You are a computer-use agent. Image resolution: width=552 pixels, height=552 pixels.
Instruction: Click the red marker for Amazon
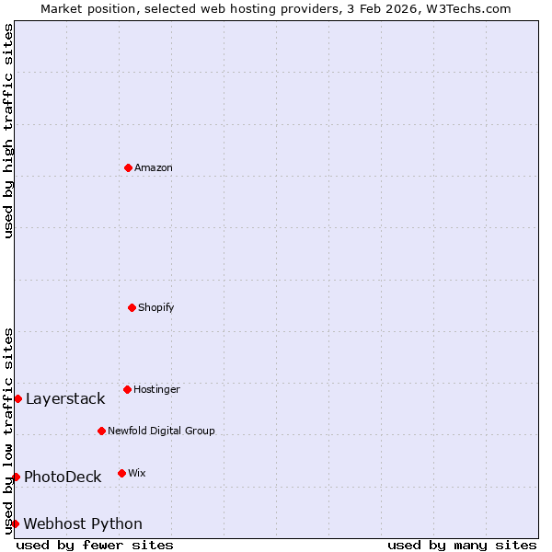[128, 167]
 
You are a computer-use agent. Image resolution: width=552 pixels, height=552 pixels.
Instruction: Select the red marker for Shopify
[132, 307]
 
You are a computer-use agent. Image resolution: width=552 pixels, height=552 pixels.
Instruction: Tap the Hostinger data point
[127, 389]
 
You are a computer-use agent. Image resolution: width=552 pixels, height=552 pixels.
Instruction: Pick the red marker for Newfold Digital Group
[101, 431]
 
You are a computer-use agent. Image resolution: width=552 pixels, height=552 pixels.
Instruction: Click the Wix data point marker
[121, 473]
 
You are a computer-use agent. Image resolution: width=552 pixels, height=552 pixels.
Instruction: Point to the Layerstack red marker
[17, 398]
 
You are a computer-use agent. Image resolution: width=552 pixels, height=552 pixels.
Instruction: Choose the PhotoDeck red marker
[16, 477]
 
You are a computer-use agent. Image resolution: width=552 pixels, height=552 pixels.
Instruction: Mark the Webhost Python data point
[15, 523]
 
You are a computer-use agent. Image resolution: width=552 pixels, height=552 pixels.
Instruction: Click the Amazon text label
[154, 167]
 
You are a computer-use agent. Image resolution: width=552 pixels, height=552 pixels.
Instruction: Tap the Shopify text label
[156, 307]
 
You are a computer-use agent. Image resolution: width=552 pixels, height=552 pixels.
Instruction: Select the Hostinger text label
[156, 389]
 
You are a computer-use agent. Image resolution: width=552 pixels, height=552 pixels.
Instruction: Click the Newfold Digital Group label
[161, 431]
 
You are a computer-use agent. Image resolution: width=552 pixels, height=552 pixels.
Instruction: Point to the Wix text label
[137, 473]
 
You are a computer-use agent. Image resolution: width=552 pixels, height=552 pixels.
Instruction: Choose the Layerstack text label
[65, 398]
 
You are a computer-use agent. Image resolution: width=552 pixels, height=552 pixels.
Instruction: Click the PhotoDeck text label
[63, 477]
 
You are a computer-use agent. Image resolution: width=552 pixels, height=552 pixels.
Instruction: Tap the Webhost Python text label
[83, 523]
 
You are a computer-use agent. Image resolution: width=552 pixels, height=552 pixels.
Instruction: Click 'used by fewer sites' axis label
[95, 545]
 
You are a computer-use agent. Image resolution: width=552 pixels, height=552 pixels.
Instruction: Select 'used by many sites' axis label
[462, 545]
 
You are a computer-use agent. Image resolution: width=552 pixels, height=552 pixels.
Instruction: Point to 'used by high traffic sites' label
[8, 131]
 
